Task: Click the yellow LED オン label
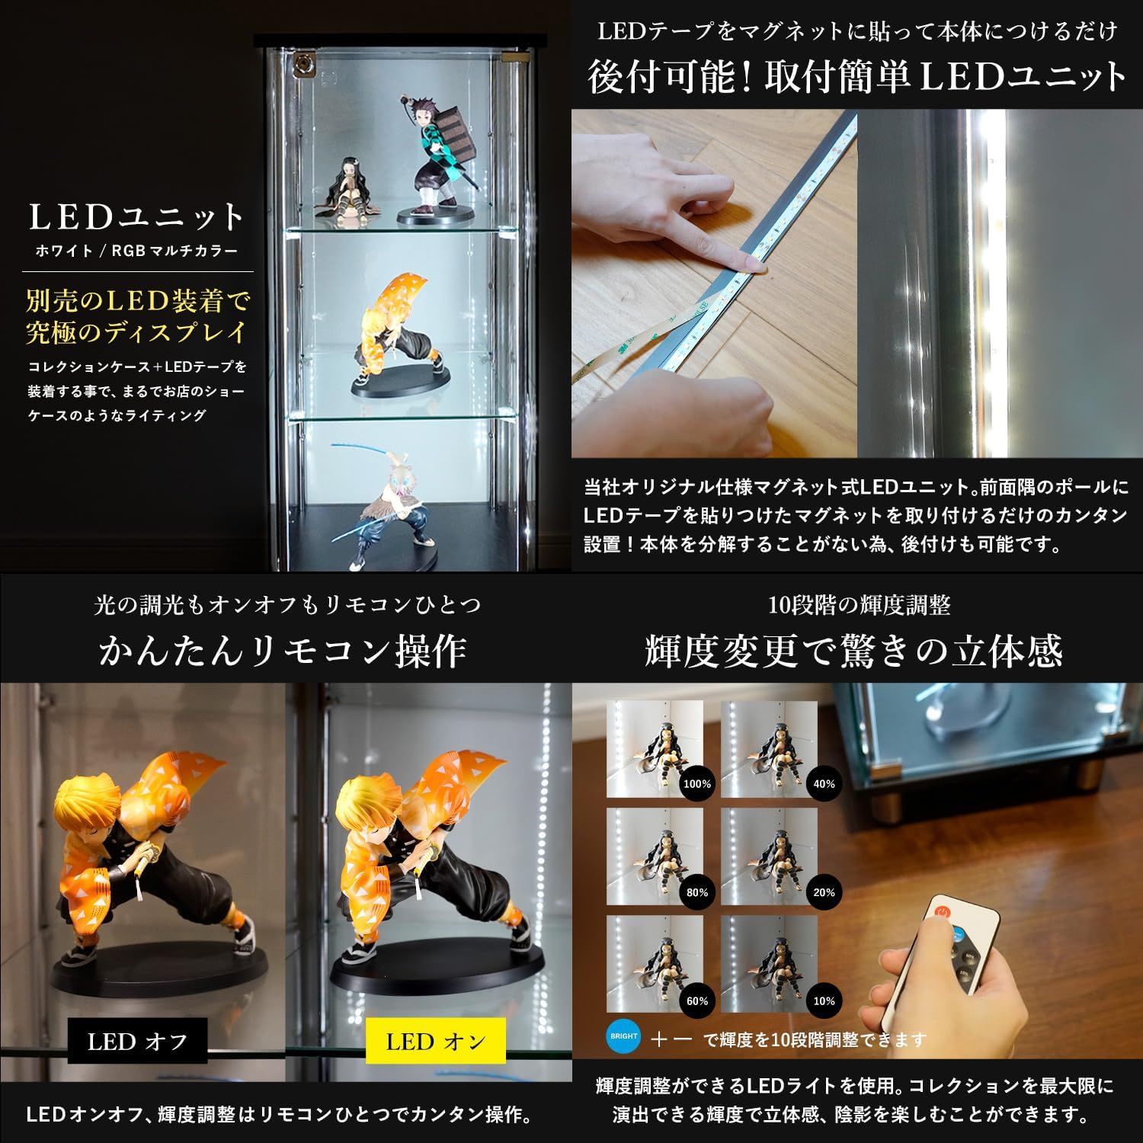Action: coord(436,1041)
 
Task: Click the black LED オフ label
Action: coord(138,1041)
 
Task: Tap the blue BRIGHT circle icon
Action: coord(624,1036)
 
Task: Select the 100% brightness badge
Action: coord(697,783)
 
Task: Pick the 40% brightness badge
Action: coord(824,783)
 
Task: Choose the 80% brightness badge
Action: coord(697,892)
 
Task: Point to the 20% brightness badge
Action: coord(824,892)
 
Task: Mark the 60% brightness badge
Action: coord(697,1001)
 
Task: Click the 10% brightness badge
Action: coord(824,1001)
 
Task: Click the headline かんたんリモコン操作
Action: coord(283,650)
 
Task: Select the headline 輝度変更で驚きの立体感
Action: coord(853,650)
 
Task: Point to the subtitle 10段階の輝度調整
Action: coord(859,605)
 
